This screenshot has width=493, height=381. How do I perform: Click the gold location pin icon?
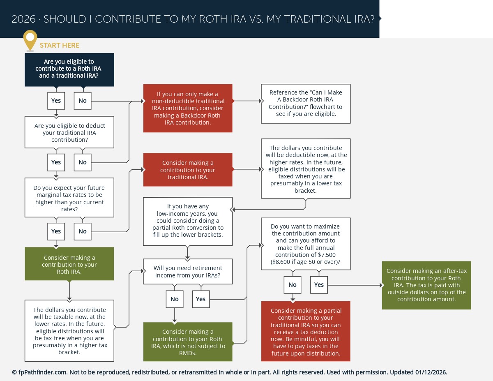pos(30,39)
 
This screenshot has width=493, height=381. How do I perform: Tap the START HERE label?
pos(60,45)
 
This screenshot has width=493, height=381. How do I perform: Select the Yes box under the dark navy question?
pos(56,101)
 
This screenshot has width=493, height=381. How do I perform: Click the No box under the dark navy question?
pos(83,101)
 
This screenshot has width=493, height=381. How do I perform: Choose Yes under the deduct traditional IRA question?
pos(56,162)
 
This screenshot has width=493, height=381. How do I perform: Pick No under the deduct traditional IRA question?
pos(83,162)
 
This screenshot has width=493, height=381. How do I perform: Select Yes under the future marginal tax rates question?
pos(56,231)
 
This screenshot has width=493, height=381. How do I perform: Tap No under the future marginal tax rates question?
pos(83,231)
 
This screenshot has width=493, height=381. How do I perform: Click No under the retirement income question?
pos(175,299)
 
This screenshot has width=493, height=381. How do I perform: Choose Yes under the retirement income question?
pos(201,299)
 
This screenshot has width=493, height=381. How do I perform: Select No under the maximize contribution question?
pos(293,285)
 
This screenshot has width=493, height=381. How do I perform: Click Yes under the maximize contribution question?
pos(319,285)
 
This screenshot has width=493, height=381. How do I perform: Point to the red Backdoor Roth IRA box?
pos(188,109)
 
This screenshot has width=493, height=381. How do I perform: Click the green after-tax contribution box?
pos(426,285)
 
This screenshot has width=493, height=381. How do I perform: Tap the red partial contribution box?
pos(306,332)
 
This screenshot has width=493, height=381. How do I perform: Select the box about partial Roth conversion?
pos(188,221)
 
